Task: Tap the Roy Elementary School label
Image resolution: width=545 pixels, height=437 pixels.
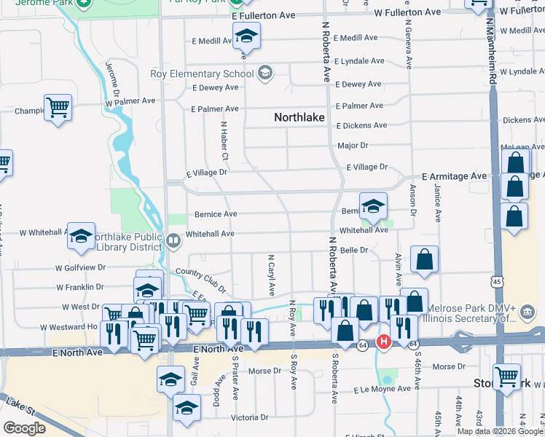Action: (x=202, y=74)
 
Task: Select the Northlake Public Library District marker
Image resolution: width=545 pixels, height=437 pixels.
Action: (x=173, y=240)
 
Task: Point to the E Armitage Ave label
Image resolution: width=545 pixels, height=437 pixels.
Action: (x=454, y=177)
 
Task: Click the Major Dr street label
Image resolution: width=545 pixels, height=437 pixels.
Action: (x=353, y=146)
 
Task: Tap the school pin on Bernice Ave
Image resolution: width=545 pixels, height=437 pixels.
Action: (x=373, y=206)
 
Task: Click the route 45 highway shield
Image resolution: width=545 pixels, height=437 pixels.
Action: (x=495, y=281)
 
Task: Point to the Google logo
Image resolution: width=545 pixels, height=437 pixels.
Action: (x=24, y=428)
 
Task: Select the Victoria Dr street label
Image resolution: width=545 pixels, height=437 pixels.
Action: (x=250, y=418)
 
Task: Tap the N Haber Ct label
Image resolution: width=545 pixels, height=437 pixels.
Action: (x=225, y=142)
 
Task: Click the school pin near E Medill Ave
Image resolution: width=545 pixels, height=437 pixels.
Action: (x=247, y=35)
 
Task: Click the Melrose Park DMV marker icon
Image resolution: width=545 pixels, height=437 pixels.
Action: (x=528, y=312)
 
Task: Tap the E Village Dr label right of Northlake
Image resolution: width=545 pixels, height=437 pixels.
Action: (x=366, y=167)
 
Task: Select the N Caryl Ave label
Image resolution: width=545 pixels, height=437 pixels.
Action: (x=271, y=275)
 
